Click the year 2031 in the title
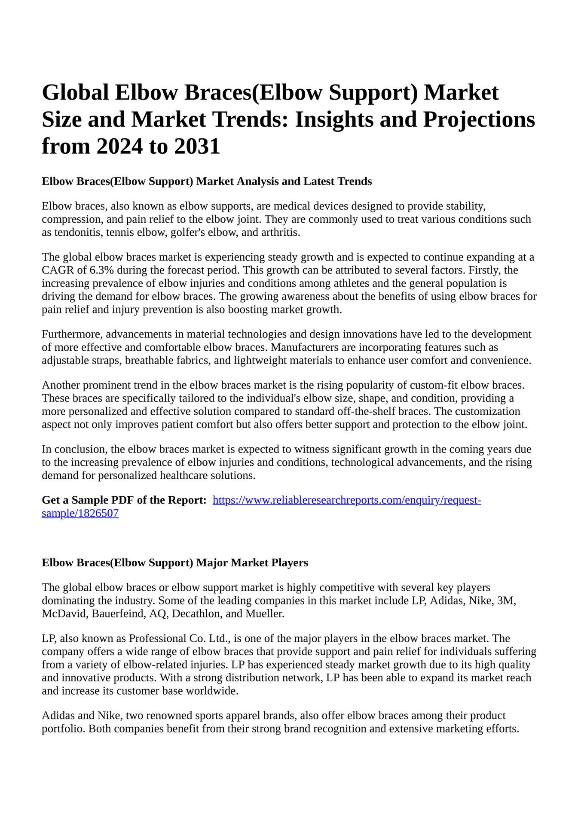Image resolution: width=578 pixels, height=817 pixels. coord(197,146)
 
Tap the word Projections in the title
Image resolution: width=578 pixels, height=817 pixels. coord(479,119)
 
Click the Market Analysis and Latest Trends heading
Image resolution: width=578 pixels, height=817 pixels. coord(206,181)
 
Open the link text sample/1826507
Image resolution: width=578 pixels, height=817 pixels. coord(80,513)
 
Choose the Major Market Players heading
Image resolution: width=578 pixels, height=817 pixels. coord(174,562)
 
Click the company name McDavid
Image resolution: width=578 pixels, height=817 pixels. coord(64,614)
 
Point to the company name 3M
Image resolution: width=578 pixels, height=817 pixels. coord(505,600)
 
